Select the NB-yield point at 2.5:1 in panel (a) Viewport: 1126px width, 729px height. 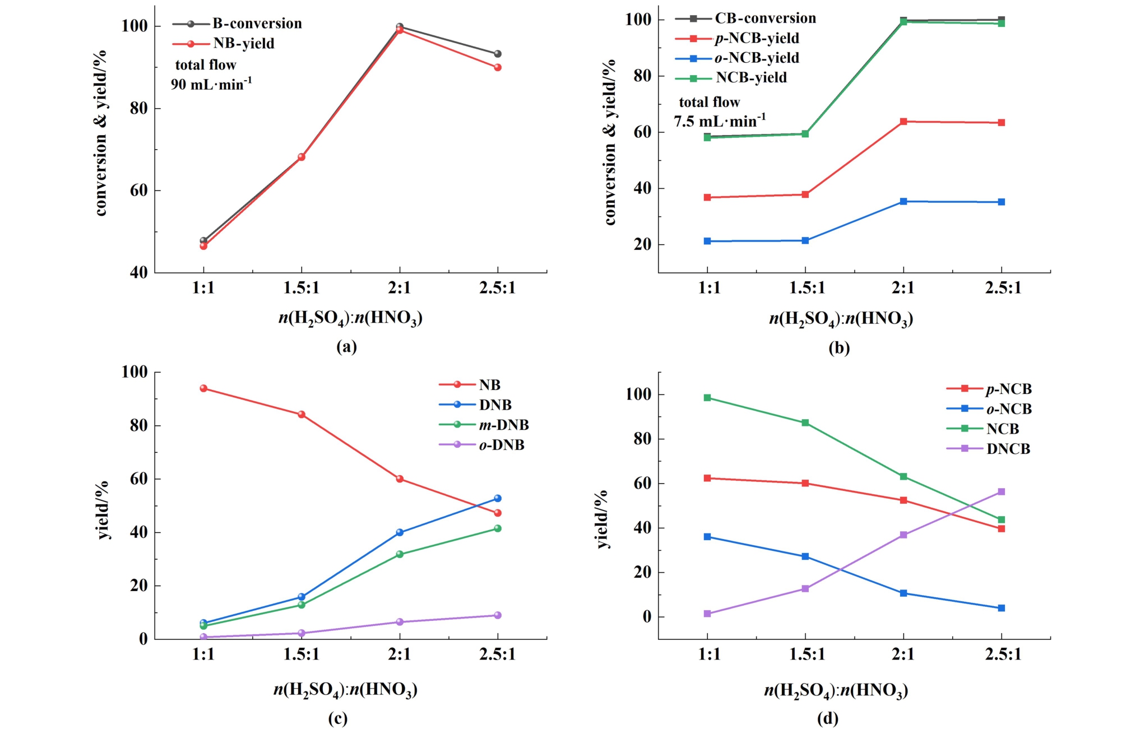point(498,67)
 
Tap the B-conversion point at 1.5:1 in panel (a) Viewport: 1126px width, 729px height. point(302,157)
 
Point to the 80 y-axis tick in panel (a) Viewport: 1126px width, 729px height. point(138,108)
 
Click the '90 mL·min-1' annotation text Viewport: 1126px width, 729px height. point(211,84)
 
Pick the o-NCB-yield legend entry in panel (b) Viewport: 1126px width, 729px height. point(757,58)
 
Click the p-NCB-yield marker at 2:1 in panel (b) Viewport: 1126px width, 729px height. point(903,122)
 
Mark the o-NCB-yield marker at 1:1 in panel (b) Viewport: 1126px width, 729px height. point(707,241)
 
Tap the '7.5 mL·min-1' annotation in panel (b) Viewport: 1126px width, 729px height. point(720,120)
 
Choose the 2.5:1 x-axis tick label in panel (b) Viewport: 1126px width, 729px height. point(1003,288)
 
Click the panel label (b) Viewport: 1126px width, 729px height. point(839,348)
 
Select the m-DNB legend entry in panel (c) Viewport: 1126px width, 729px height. point(503,425)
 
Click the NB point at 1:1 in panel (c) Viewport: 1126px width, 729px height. point(203,388)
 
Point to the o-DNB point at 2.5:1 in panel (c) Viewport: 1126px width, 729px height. point(498,615)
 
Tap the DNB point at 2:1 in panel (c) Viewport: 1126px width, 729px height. point(400,532)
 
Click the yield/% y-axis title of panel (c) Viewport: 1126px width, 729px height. point(103,510)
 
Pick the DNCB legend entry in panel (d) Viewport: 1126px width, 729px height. point(1008,449)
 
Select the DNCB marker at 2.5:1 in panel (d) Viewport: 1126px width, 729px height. point(1002,492)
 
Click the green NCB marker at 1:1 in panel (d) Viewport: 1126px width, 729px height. point(707,398)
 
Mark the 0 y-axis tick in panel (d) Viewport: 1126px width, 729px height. point(647,617)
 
